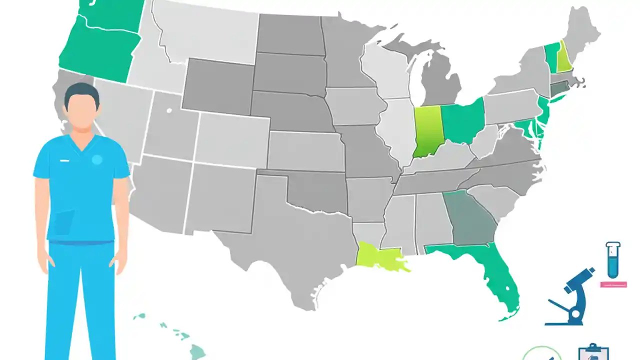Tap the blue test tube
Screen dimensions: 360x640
tap(613, 260)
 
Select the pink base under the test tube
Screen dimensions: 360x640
tap(613, 284)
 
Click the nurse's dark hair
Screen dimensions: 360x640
tap(81, 92)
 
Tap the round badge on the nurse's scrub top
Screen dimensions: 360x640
tap(97, 159)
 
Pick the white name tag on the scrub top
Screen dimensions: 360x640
tap(64, 160)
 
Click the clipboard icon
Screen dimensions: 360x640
tap(593, 352)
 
